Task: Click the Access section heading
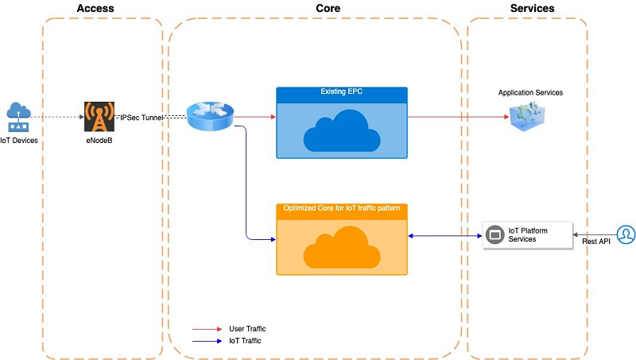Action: [x=95, y=8]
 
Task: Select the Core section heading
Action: [x=328, y=8]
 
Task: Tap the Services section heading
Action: [x=532, y=8]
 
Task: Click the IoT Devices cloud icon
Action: [x=18, y=117]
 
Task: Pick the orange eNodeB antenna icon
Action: [x=99, y=117]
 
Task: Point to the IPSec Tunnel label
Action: [x=142, y=118]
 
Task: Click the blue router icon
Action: [x=210, y=116]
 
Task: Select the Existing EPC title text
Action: [x=342, y=91]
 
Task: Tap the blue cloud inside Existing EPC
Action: [x=342, y=130]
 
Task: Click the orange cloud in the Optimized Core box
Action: [x=342, y=247]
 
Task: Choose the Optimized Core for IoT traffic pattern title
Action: [x=342, y=208]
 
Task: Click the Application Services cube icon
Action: [x=527, y=117]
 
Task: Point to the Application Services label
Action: [x=530, y=92]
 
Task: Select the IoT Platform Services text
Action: [x=528, y=234]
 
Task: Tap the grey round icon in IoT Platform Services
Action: [x=494, y=234]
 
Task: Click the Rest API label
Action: [x=596, y=242]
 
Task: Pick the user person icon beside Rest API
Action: [x=626, y=234]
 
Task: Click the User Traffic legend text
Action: [x=247, y=329]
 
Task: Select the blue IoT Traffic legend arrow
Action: [x=207, y=341]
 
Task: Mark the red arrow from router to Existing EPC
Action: [x=255, y=117]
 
